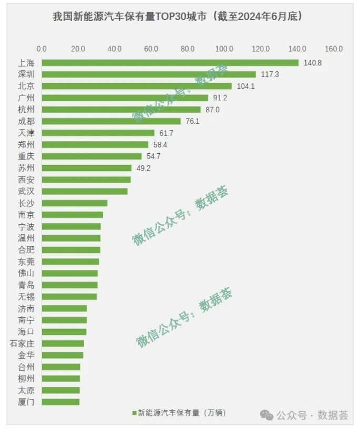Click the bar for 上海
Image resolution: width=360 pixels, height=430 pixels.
click(x=170, y=63)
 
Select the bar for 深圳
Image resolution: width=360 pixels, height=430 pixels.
click(x=149, y=75)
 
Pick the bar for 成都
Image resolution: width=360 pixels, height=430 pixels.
click(x=111, y=121)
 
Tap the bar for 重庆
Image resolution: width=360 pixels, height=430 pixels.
click(x=91, y=156)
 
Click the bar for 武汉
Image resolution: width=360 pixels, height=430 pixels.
click(x=84, y=191)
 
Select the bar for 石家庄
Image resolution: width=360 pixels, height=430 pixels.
click(x=63, y=343)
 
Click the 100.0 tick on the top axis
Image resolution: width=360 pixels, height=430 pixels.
click(x=224, y=49)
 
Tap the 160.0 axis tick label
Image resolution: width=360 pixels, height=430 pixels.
click(x=334, y=49)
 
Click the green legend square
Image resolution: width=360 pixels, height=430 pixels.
click(x=134, y=413)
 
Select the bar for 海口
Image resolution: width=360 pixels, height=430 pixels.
click(x=64, y=332)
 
